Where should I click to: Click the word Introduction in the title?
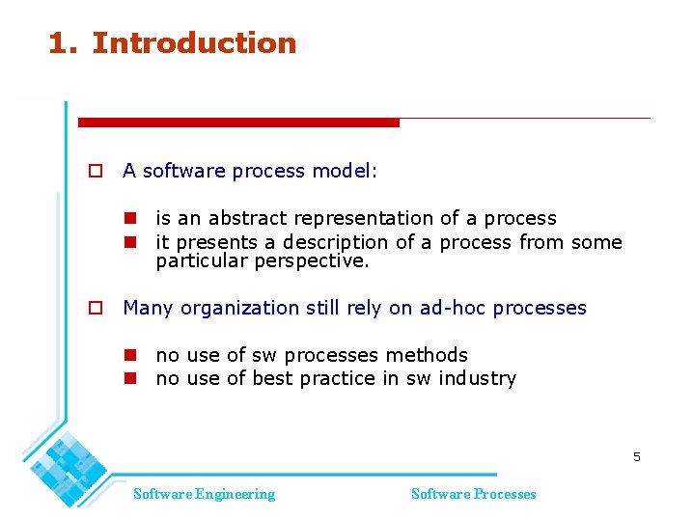[x=194, y=43]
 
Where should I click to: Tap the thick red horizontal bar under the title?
[x=238, y=123]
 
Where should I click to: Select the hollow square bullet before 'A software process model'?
[x=95, y=172]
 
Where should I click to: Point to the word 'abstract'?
[x=246, y=218]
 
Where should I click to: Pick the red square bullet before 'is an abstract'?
[x=128, y=219]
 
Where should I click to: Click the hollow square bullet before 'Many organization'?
[x=95, y=309]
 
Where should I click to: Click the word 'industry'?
[x=477, y=378]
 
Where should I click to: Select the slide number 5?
[x=636, y=456]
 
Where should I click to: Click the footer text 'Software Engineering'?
[x=204, y=494]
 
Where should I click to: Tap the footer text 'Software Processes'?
[x=473, y=494]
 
